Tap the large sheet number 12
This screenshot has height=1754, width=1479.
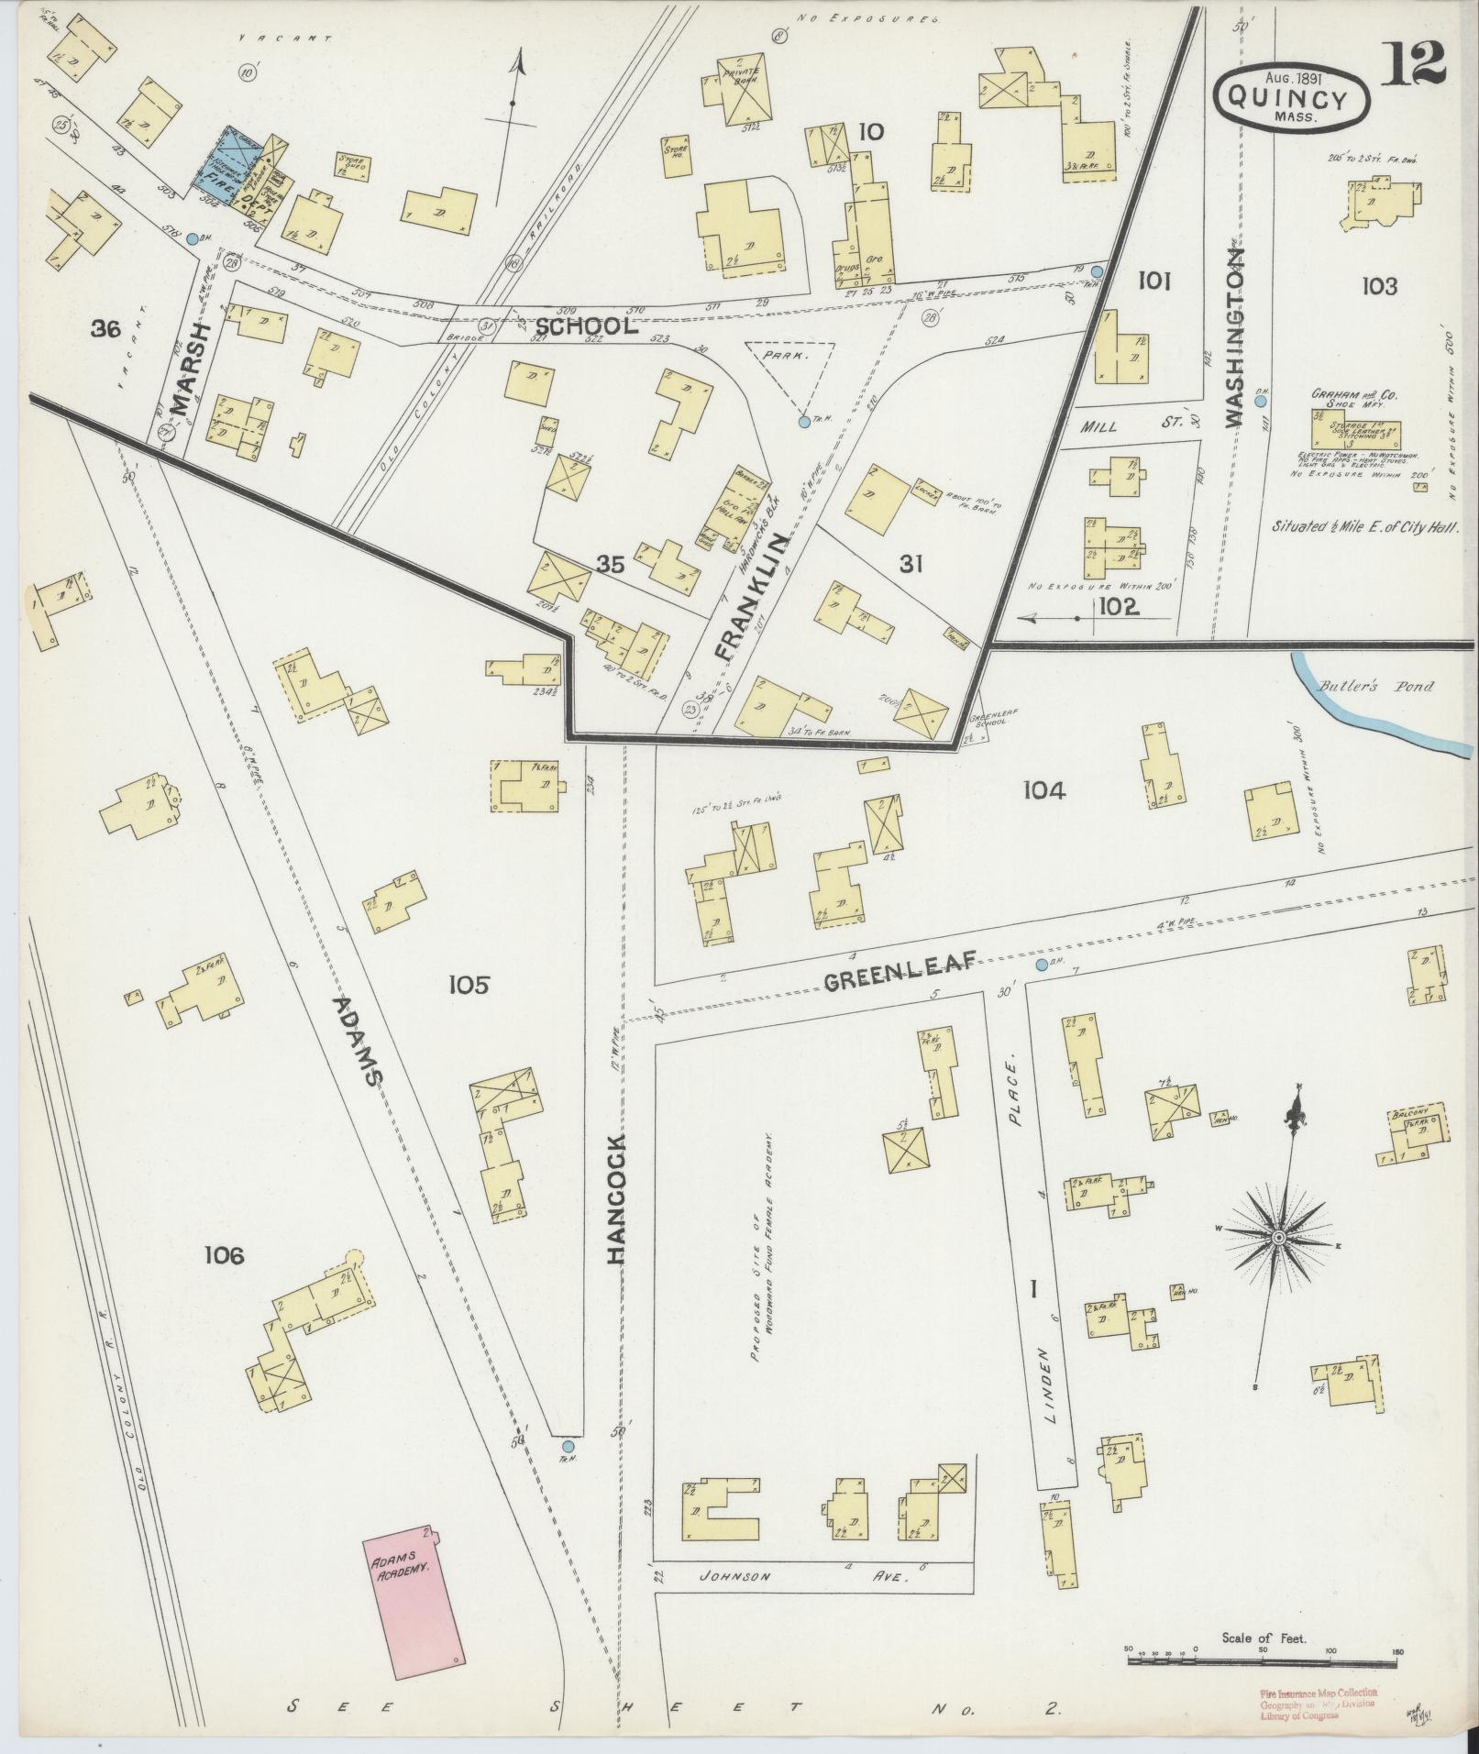[1416, 62]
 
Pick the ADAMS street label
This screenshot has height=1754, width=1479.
[355, 1041]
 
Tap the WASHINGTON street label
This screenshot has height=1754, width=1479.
[1234, 336]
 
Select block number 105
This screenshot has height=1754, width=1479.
[469, 986]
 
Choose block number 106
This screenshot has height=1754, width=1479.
[225, 1255]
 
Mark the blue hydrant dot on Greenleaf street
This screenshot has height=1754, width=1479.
[1041, 965]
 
